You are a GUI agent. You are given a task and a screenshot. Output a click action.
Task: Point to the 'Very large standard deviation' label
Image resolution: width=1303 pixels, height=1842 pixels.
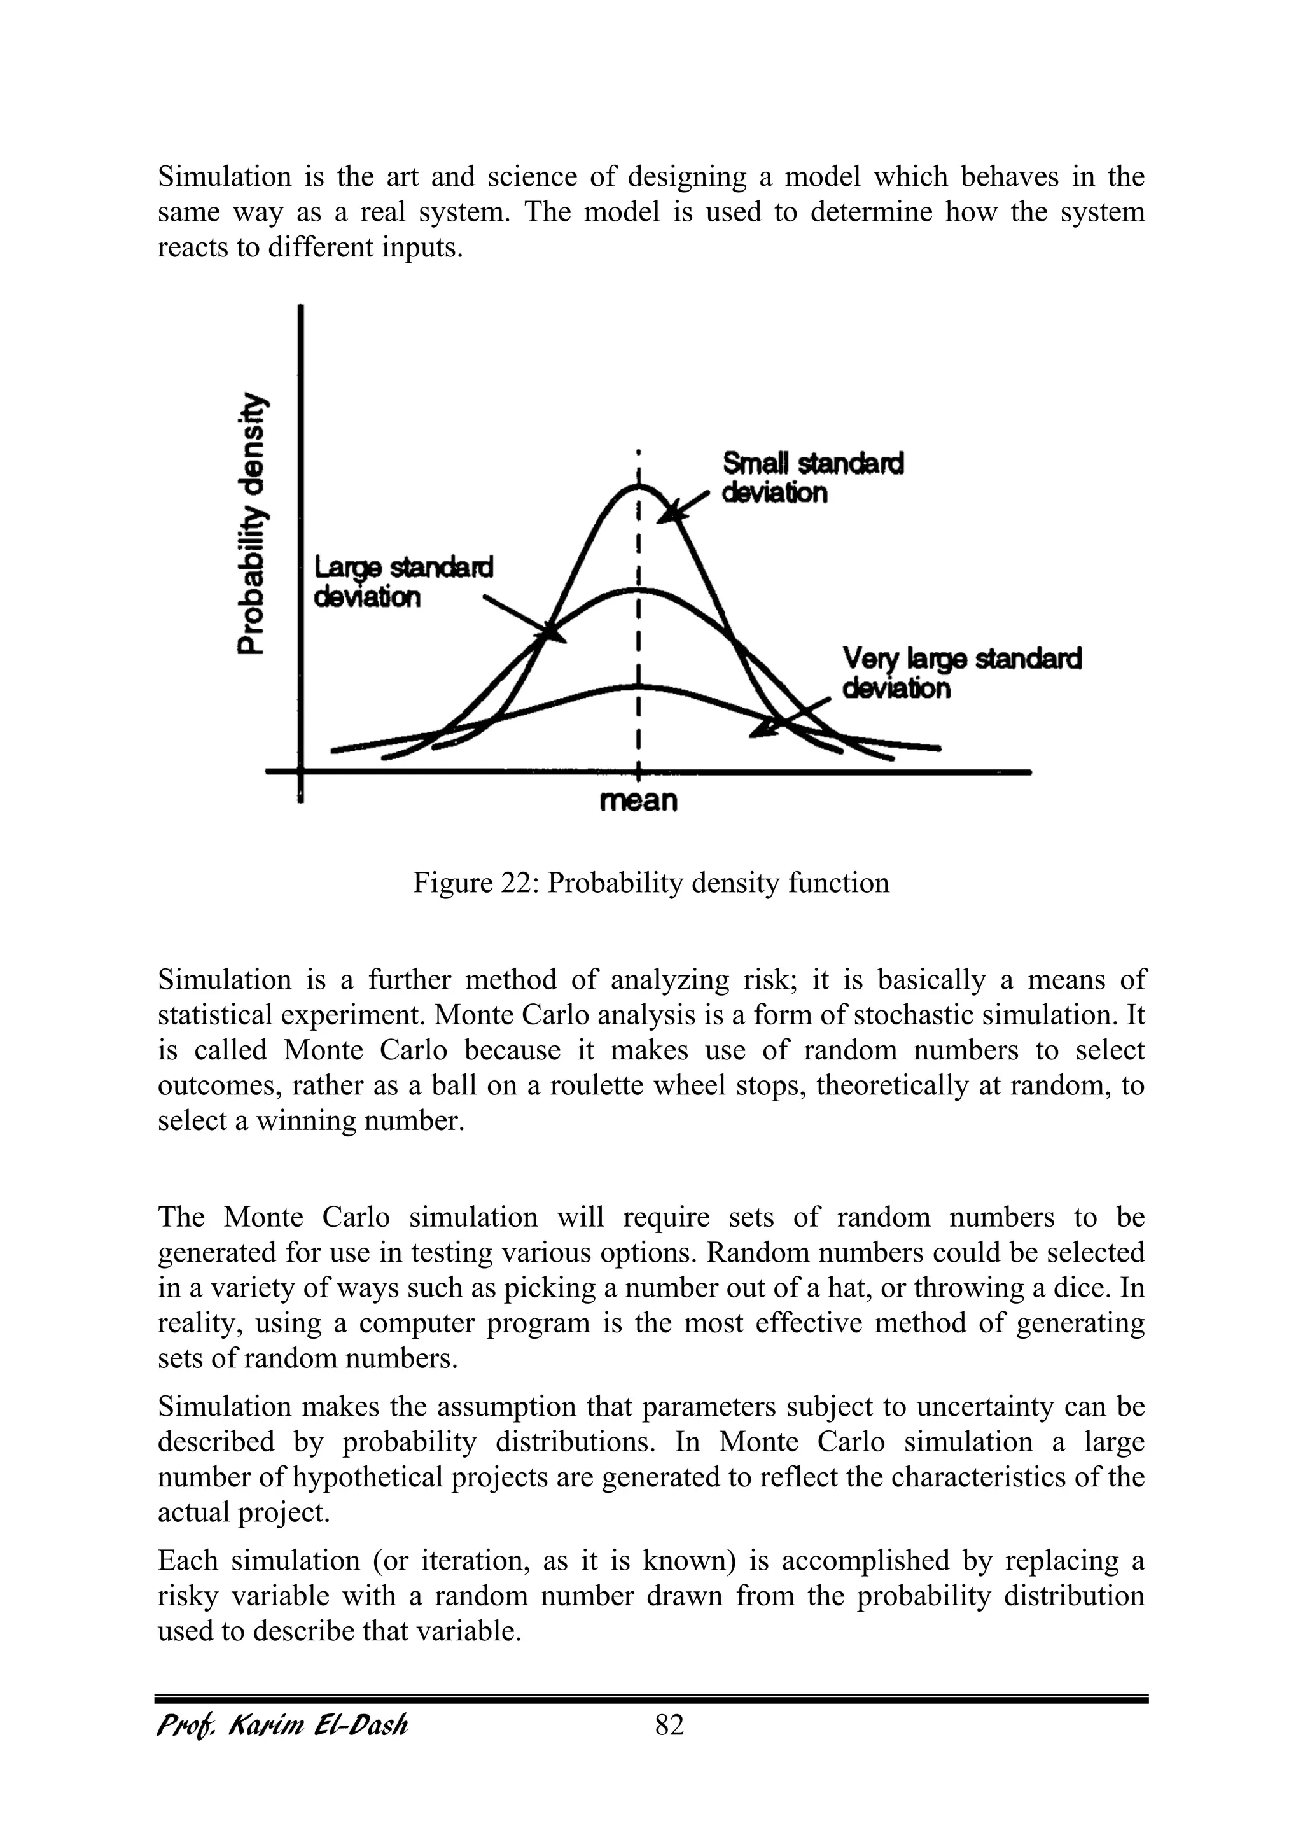coord(961,674)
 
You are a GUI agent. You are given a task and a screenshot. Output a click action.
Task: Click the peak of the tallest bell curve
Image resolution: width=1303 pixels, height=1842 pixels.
coord(639,486)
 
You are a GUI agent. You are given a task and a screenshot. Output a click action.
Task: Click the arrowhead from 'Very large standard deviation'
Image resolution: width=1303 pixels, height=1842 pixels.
coord(762,729)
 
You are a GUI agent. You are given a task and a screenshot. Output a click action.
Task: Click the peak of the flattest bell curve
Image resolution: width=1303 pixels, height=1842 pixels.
coord(639,686)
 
